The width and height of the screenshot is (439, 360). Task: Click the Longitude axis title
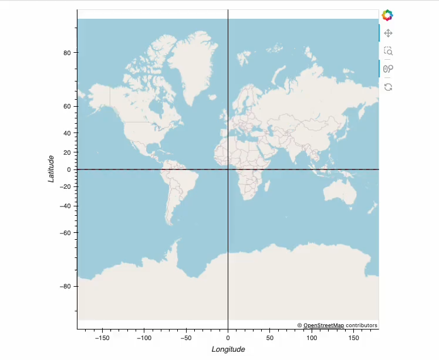click(228, 349)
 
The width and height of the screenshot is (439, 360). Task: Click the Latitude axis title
click(52, 169)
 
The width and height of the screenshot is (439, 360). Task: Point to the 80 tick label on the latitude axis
click(67, 53)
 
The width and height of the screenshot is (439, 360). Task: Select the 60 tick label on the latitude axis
click(67, 106)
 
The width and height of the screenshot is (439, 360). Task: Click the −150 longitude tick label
click(102, 338)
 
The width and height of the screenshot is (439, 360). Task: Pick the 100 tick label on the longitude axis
click(312, 338)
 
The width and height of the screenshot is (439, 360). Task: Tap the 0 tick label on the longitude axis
click(228, 338)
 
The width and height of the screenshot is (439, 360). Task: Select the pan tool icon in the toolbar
click(388, 33)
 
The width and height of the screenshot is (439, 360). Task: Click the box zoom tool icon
click(388, 51)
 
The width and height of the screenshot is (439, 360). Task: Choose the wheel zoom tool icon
click(388, 69)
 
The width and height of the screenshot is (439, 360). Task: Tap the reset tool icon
click(388, 87)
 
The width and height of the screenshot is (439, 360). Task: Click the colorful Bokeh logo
click(387, 15)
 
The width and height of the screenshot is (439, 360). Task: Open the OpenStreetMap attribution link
click(323, 325)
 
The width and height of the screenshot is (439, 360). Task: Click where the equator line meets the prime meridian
click(228, 169)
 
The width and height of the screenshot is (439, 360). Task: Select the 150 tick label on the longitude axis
click(353, 338)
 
